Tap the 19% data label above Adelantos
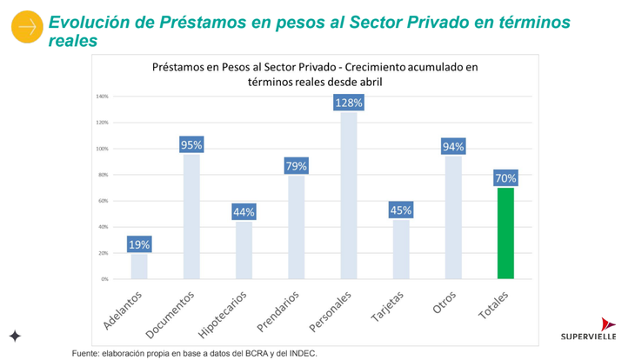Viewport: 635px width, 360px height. tap(139, 244)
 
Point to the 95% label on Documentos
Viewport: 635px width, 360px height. tap(191, 144)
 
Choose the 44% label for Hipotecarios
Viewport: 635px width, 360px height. tap(244, 211)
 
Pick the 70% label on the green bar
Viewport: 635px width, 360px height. tap(505, 178)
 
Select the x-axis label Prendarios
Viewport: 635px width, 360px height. tap(280, 312)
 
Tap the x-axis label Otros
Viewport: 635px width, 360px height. tap(444, 303)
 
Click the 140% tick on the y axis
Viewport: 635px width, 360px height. tap(102, 97)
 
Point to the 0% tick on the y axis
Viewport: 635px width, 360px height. tap(104, 279)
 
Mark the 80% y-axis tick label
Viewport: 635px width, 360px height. tap(103, 175)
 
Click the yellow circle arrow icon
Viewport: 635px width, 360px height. tap(26, 28)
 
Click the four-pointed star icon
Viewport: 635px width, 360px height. tap(15, 336)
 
